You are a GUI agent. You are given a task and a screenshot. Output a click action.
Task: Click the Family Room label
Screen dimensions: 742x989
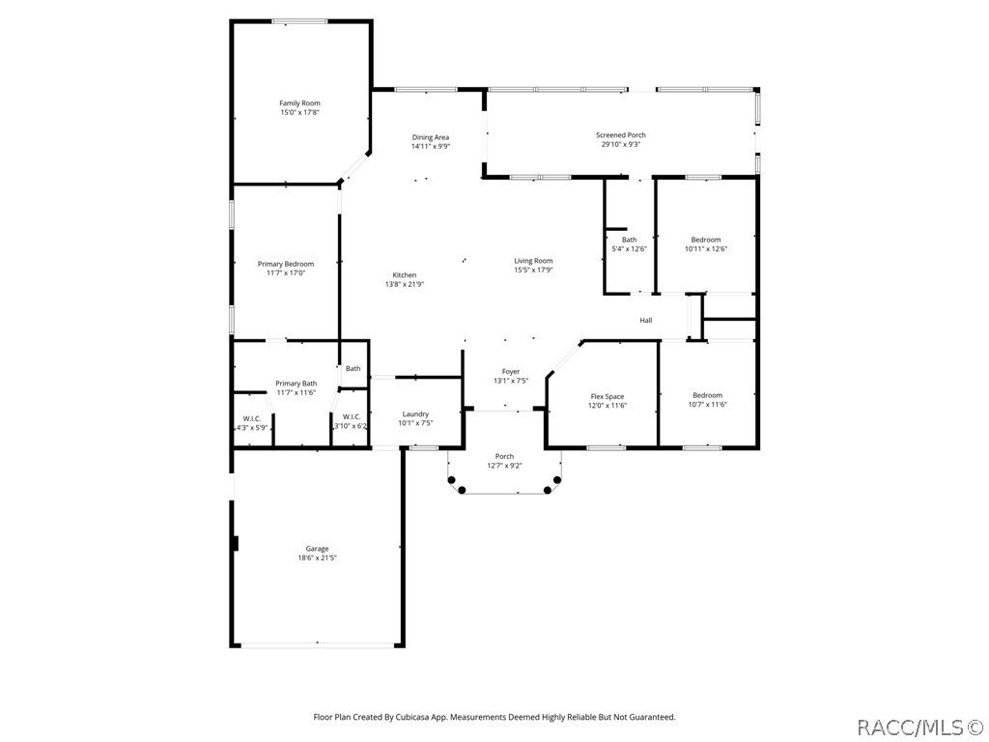(x=299, y=103)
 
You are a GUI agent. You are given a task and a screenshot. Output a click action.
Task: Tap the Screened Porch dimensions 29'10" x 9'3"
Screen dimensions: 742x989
(x=620, y=145)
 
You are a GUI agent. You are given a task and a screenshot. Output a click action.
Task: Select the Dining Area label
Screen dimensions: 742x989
(x=431, y=137)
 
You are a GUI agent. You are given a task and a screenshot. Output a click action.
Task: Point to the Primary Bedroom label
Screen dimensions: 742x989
(x=286, y=264)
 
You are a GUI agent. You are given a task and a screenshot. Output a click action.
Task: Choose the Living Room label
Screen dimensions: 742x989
(x=533, y=261)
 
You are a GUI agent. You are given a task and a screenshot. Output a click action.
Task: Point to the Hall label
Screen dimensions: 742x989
(x=645, y=321)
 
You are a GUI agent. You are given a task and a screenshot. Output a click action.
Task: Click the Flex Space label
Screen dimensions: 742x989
(x=608, y=396)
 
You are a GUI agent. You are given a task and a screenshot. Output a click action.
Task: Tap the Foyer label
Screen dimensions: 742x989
(x=511, y=372)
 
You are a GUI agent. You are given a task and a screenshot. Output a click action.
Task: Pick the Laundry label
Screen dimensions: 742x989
(x=415, y=414)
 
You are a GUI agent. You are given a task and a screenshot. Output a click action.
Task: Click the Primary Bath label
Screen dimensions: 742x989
(x=296, y=383)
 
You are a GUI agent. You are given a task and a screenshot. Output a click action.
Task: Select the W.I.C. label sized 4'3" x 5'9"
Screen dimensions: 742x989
(x=252, y=418)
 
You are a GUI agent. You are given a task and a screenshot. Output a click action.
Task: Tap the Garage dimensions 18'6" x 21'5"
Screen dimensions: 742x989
(x=317, y=557)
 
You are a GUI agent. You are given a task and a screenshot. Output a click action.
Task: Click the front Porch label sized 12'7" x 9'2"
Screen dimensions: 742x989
(x=504, y=456)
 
